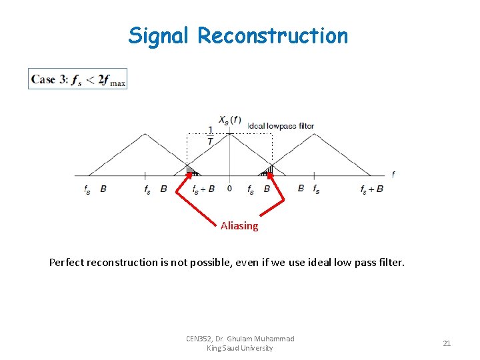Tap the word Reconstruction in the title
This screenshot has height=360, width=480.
coord(272,35)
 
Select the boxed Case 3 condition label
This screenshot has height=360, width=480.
coord(78,79)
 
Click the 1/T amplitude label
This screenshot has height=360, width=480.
coord(211,135)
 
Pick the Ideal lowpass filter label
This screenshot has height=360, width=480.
coord(281,126)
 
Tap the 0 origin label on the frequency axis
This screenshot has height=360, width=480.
coord(229,189)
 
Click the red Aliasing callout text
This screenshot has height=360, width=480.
coord(239,226)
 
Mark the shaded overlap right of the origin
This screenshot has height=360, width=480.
coord(267,171)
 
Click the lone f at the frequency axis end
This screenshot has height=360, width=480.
coord(393,175)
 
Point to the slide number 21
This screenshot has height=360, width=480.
coord(447,343)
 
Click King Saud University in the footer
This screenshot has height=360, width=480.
coord(240,348)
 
